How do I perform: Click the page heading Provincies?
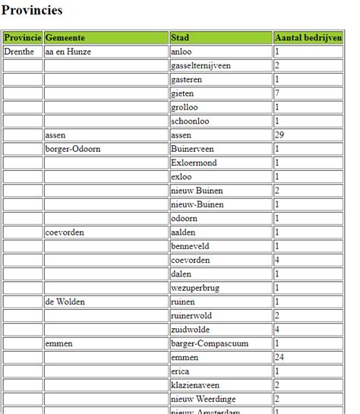[x=32, y=11]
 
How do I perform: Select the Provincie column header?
[x=22, y=37]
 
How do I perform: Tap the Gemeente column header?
[x=65, y=37]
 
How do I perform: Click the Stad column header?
[x=180, y=37]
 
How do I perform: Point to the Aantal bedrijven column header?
[x=308, y=37]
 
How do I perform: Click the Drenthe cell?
[x=19, y=52]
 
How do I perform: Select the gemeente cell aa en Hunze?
[x=68, y=52]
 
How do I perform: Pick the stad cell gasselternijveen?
[x=201, y=65]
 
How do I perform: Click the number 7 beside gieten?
[x=277, y=93]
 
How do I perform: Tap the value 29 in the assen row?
[x=279, y=135]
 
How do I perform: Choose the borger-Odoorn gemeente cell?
[x=73, y=149]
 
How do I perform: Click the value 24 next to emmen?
[x=279, y=357]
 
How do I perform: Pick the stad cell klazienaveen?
[x=194, y=385]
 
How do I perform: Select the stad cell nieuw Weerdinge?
[x=201, y=399]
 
